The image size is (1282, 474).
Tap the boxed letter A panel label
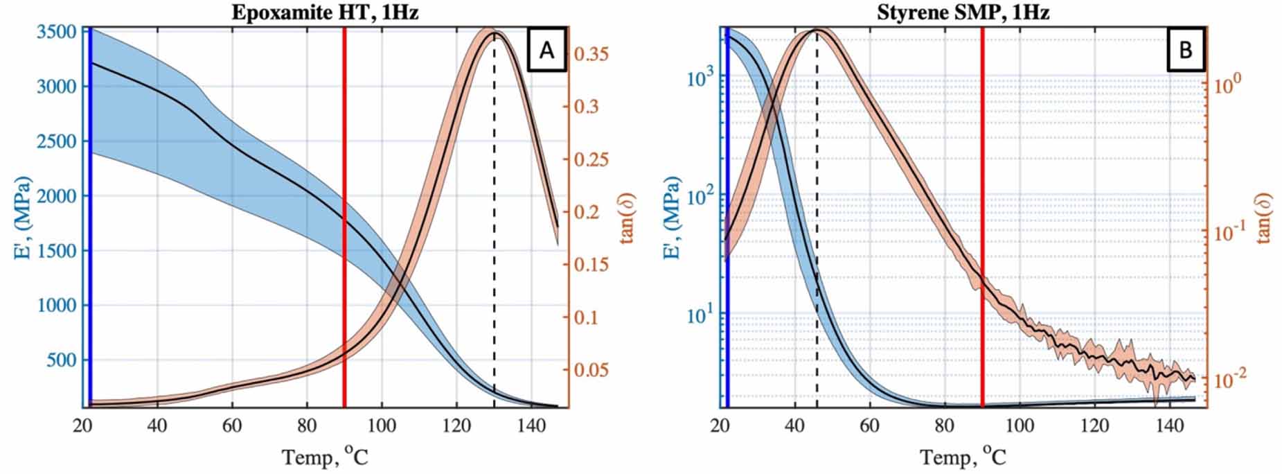[546, 51]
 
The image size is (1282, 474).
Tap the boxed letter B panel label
[1185, 51]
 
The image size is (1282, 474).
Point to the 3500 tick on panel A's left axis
[57, 33]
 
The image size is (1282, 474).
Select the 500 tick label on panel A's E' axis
[61, 360]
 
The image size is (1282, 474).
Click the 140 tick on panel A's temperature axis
[531, 425]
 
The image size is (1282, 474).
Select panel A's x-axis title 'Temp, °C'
[325, 457]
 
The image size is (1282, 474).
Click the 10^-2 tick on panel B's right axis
[1229, 378]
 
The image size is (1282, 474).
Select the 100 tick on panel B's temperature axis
[1020, 425]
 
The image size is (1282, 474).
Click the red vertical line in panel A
[344, 208]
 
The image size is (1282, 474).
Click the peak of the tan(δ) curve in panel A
[495, 33]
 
